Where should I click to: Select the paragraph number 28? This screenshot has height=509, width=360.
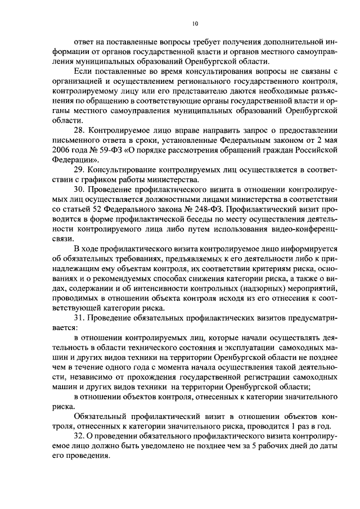click(x=79, y=130)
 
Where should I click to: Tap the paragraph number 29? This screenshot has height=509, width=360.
click(x=79, y=170)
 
